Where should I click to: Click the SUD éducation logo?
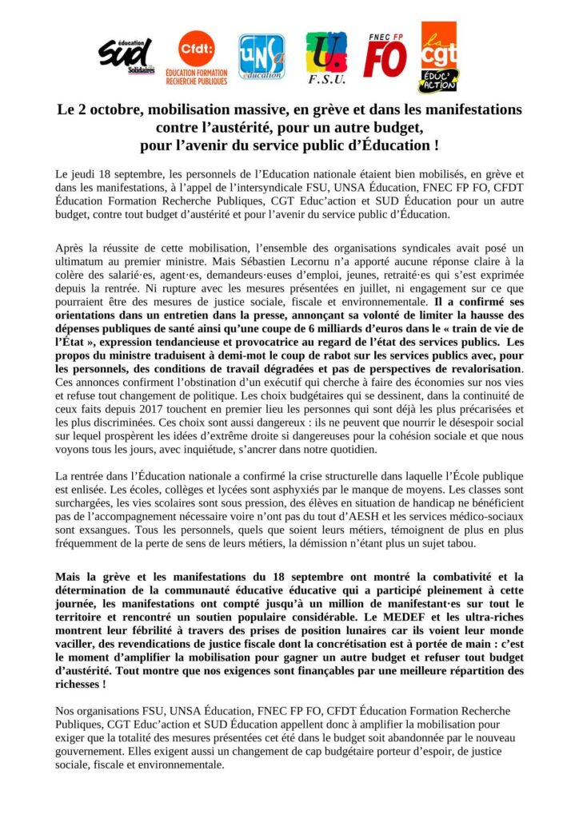point(125,55)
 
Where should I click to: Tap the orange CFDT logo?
point(196,56)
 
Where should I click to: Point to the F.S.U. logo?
point(326,58)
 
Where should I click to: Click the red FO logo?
point(385,56)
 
